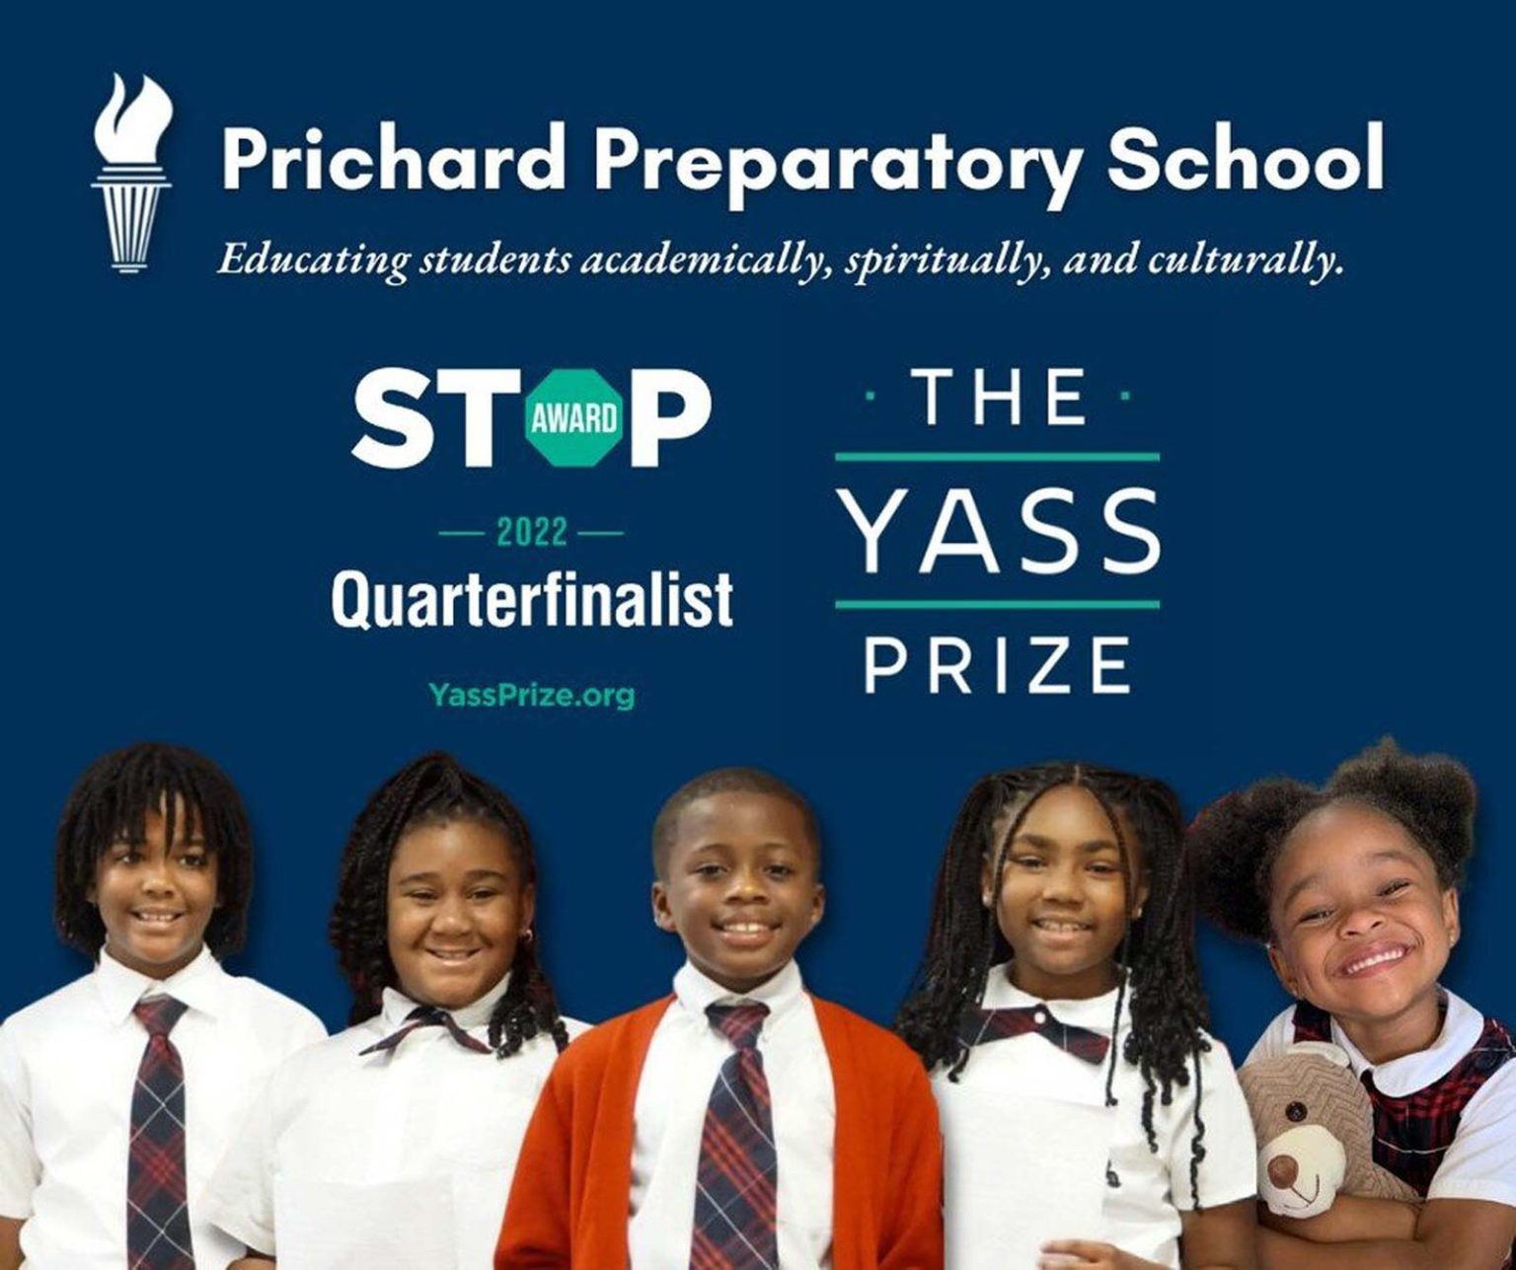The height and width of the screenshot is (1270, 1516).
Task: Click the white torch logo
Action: pos(131,174)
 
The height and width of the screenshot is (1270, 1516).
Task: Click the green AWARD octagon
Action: pos(575,417)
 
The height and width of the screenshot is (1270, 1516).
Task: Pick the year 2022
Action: pos(532,534)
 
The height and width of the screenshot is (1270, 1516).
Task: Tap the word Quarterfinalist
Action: pos(532,598)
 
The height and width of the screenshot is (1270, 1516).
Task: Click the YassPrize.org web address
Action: pos(532,695)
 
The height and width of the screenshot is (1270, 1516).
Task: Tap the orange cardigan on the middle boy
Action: pos(582,1115)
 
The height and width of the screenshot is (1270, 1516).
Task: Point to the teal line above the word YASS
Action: pos(997,457)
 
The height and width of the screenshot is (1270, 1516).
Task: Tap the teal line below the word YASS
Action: pos(997,604)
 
